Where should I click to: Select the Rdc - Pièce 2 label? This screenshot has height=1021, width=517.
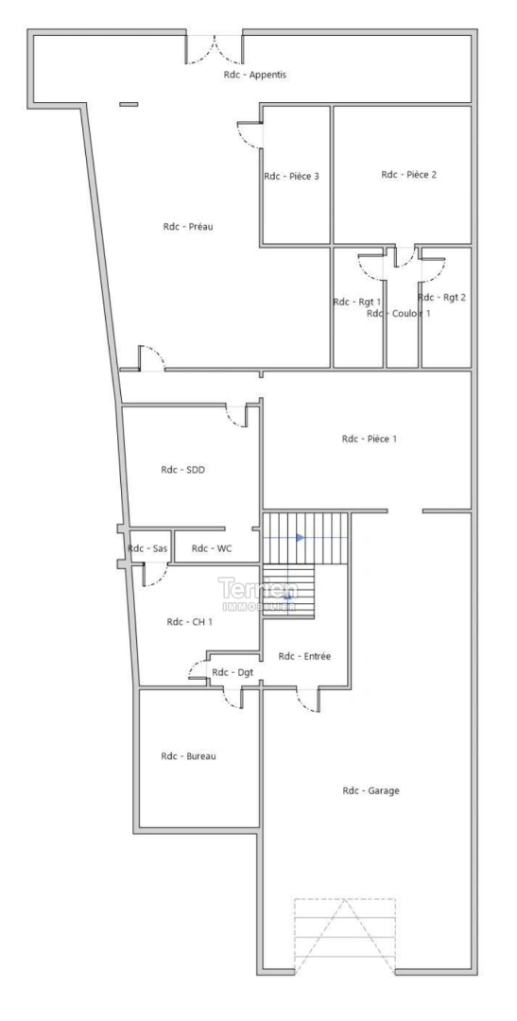pos(408,174)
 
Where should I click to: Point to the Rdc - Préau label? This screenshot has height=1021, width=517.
pos(184,226)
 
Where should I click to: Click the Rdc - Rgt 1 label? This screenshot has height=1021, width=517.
pos(356,302)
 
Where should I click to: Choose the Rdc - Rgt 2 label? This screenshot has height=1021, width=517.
pos(441,297)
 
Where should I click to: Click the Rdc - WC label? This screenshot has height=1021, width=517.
pos(212,548)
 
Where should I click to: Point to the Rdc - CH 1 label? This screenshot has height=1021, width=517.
pos(187,622)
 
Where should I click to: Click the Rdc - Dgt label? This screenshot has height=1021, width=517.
pos(233,672)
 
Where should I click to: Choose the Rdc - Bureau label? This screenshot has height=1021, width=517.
pos(189,755)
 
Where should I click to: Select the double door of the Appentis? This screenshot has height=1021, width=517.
pos(215,49)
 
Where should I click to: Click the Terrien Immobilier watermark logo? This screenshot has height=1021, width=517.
pos(258,593)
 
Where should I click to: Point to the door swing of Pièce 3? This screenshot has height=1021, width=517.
pos(250,138)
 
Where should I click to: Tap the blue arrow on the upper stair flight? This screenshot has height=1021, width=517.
pos(300,538)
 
